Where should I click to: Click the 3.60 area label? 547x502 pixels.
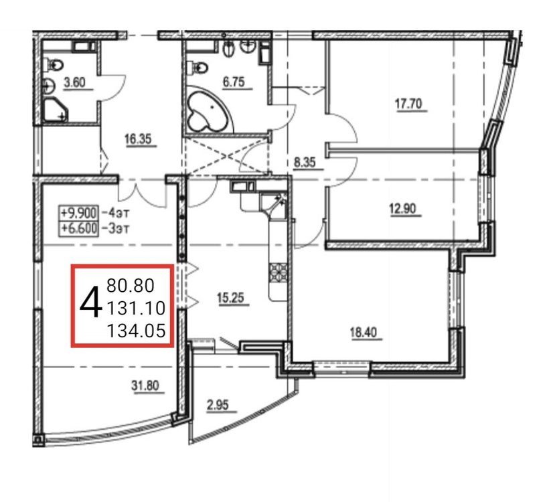[x=75, y=83]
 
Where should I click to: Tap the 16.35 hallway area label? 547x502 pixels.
[x=138, y=139]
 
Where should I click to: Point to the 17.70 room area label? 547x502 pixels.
[x=408, y=104]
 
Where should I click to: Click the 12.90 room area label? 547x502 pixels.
[x=402, y=209]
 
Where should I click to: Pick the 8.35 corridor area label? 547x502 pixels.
[x=305, y=162]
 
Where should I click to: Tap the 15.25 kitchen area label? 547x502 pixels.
[x=230, y=299]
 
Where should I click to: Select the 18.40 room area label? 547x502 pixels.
[x=363, y=333]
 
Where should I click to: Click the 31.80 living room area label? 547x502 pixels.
[x=145, y=386]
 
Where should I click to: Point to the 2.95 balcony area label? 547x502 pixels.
[x=218, y=405]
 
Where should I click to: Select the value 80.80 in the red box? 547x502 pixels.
[x=131, y=286]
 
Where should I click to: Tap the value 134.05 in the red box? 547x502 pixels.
[x=136, y=331]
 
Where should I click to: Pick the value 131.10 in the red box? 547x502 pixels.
[x=136, y=309]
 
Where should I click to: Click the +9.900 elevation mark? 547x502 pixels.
[x=78, y=212]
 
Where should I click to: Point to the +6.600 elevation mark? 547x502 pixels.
[x=78, y=228]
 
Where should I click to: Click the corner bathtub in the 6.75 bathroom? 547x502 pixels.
[x=210, y=109]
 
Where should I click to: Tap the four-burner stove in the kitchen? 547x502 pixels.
[x=279, y=272]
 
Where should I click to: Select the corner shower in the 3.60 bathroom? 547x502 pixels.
[x=55, y=110]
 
